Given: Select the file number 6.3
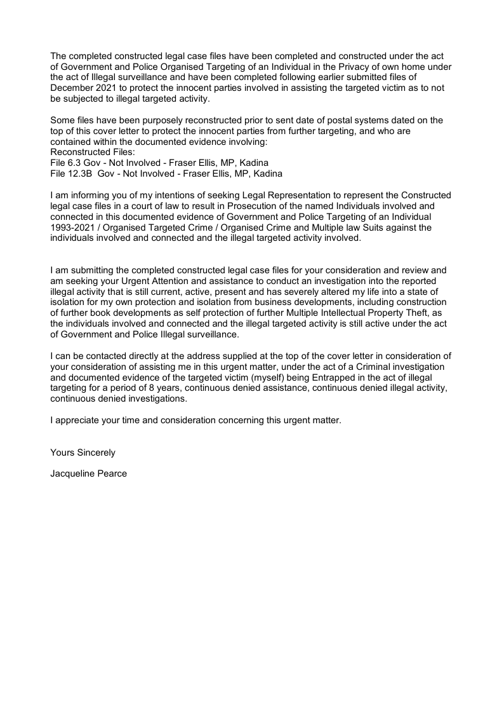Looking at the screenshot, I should (74, 163).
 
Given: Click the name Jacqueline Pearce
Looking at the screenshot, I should (88, 473).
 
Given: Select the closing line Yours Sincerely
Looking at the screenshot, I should (83, 453).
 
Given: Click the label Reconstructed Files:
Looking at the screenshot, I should (89, 153).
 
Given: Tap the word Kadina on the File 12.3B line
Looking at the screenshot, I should (268, 173).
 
